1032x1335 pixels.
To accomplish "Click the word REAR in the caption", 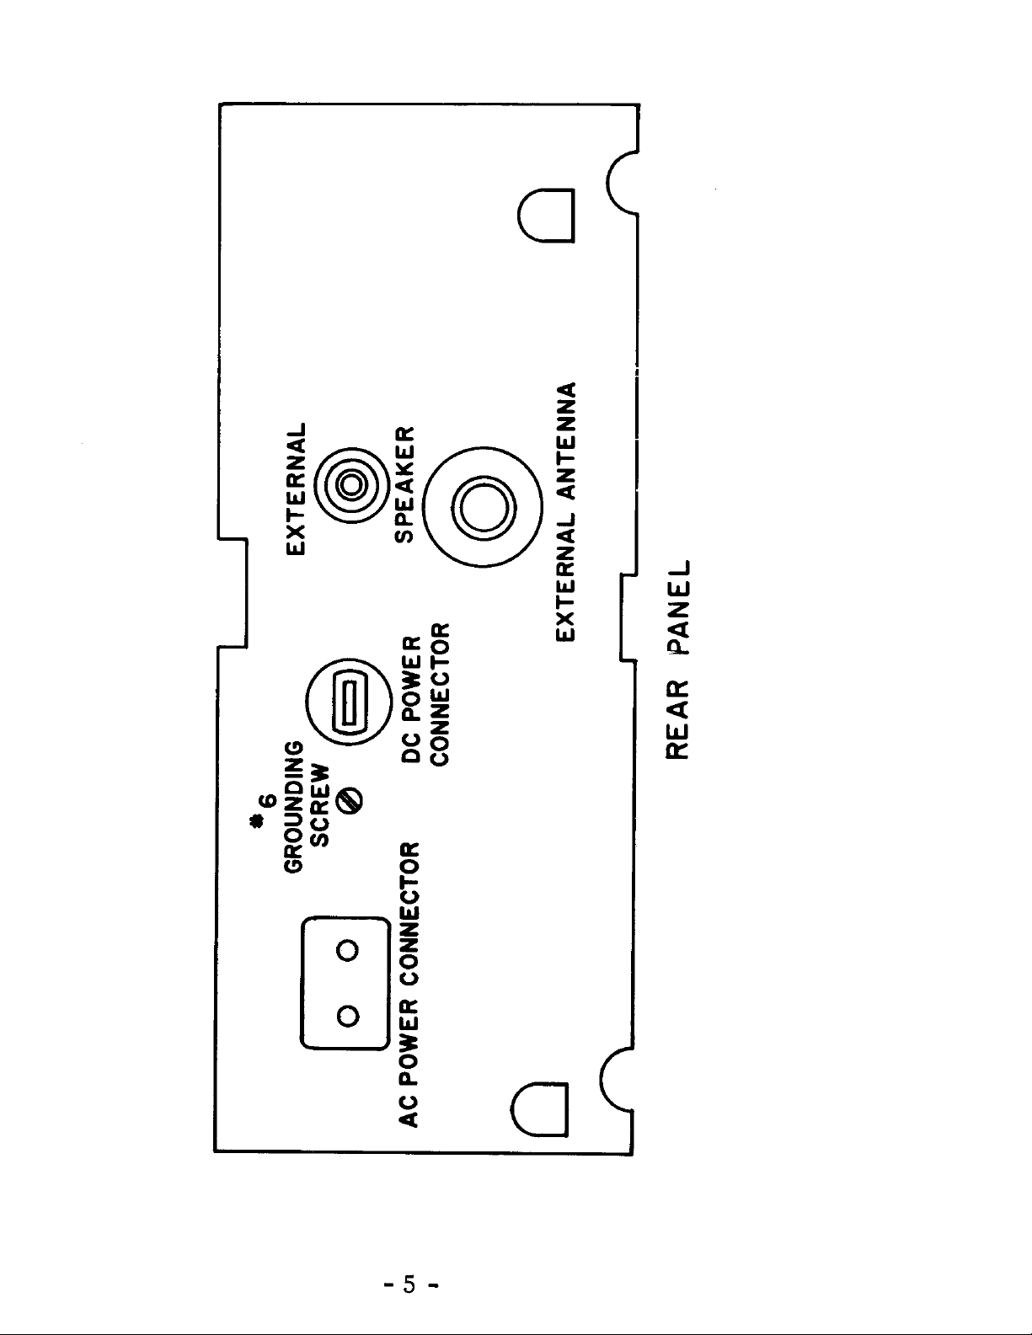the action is click(678, 719).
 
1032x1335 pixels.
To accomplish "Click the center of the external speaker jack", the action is click(351, 485).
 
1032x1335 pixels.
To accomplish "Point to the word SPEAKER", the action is click(405, 484).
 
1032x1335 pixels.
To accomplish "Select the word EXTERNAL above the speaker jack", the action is click(297, 489).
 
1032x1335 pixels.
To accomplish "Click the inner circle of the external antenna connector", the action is click(484, 508).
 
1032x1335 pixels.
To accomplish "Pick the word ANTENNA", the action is click(566, 440).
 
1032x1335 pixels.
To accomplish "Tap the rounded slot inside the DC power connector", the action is click(350, 702).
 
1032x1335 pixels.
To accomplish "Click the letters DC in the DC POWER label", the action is click(411, 750).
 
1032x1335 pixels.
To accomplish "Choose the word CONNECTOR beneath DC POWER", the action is click(440, 694).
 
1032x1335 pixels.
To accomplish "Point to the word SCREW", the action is click(320, 806).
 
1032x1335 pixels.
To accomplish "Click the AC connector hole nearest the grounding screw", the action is click(348, 950).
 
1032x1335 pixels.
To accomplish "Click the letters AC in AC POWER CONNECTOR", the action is click(409, 1113).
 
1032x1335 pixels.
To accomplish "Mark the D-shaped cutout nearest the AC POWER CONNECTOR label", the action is click(539, 1109).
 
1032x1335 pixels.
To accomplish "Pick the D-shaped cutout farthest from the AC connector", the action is click(546, 215).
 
